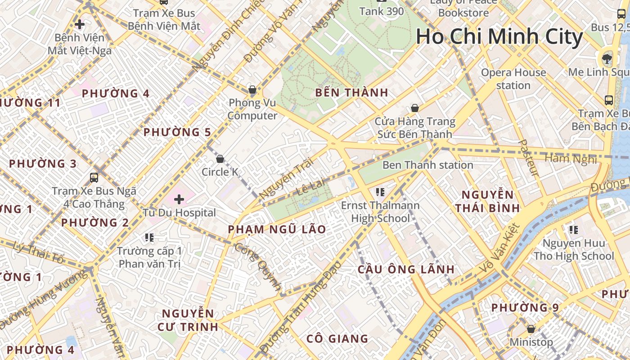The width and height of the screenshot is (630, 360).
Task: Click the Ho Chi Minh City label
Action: point(499,36)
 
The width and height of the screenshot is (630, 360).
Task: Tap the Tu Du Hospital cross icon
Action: point(179,199)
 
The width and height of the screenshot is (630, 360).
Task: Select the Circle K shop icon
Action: point(220,159)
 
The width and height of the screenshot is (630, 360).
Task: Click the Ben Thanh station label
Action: point(427,165)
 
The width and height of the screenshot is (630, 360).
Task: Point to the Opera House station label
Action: point(513,79)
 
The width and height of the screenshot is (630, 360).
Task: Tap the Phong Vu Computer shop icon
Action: point(252,90)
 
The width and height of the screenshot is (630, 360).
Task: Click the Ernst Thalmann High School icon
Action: point(380,192)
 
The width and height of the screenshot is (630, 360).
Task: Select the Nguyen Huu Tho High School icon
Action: point(574,230)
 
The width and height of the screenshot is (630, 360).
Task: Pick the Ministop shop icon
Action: point(531,329)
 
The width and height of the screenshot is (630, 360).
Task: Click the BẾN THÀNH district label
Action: point(351,93)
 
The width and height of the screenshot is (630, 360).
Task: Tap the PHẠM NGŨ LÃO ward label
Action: point(277,229)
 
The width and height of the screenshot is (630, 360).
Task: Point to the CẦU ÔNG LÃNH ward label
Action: point(406,269)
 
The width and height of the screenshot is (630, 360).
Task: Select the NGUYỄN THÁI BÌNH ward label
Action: point(487,201)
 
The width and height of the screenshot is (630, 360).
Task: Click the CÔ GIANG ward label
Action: point(337,338)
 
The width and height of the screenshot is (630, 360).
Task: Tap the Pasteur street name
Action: point(528,157)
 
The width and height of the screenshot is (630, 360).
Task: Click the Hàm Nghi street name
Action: point(571,158)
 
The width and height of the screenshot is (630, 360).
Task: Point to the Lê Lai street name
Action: point(311,186)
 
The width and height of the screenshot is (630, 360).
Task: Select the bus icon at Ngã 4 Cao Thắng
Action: point(94,177)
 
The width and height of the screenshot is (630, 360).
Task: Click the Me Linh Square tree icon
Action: point(607,58)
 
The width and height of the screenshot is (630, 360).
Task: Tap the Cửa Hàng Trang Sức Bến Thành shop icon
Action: point(414,108)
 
